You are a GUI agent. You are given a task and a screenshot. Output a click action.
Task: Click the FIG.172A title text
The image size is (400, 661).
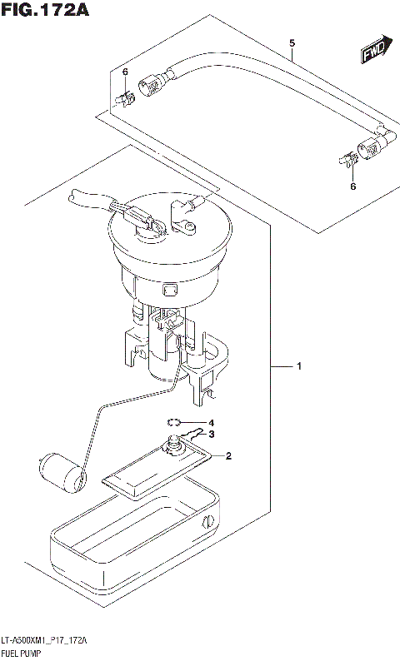(45, 11)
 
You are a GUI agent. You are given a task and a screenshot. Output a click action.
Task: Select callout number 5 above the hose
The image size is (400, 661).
(292, 42)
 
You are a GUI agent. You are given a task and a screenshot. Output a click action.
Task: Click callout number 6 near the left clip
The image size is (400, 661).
(125, 72)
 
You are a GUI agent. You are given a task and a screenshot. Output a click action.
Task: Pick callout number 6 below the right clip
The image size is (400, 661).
(352, 186)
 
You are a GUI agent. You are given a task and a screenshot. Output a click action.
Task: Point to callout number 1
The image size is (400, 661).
(299, 366)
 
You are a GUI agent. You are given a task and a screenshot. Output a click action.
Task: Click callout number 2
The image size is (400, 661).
(228, 455)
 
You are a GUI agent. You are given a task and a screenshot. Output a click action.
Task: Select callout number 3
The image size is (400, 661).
(212, 434)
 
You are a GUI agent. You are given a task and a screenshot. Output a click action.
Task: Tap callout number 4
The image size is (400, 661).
(212, 422)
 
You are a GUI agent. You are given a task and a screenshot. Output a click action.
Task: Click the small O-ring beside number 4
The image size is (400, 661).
(174, 421)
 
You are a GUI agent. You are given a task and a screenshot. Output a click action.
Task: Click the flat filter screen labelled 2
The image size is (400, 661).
(154, 469)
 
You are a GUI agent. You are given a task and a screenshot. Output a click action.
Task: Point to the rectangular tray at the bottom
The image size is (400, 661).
(133, 532)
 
